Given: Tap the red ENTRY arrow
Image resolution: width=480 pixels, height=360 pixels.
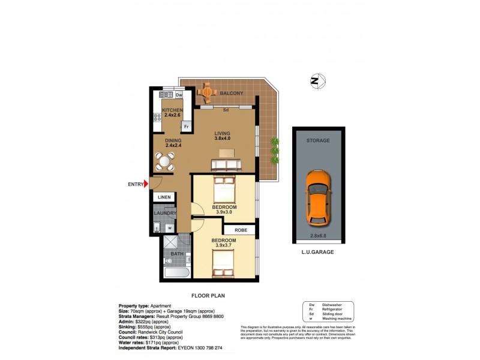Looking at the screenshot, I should click(145, 184).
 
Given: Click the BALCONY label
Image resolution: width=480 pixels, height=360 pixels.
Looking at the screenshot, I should click(231, 94).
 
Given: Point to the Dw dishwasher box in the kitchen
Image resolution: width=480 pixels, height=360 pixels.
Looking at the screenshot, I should click(179, 95).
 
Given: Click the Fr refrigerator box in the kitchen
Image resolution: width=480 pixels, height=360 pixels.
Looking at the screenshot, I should click(187, 127).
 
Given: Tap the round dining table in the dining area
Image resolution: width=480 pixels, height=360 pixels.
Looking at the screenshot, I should click(165, 161).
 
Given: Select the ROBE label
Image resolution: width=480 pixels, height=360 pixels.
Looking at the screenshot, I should click(240, 229).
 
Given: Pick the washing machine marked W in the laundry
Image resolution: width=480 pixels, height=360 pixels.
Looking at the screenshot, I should click(169, 228).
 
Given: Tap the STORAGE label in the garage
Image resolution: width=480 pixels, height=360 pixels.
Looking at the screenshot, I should click(318, 140).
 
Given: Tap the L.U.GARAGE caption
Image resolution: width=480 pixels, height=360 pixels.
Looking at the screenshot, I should click(318, 253).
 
